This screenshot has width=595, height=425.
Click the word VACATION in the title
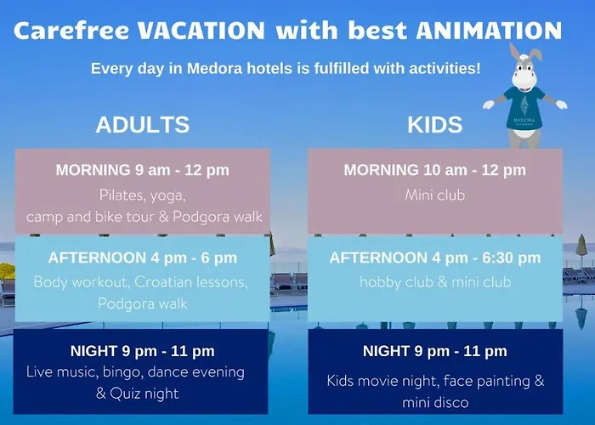(x=201, y=31)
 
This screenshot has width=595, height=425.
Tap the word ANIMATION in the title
(x=489, y=31)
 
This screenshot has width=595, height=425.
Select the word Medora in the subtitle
(x=214, y=69)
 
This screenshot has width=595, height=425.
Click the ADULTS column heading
(x=143, y=124)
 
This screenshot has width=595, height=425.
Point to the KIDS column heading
(x=435, y=124)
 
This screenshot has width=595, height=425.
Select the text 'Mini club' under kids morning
(x=435, y=195)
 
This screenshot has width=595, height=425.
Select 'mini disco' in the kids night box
(x=435, y=402)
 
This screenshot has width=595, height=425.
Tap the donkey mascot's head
(x=524, y=69)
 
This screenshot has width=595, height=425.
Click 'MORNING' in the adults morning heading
(x=93, y=170)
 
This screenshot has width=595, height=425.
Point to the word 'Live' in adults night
(x=39, y=372)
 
